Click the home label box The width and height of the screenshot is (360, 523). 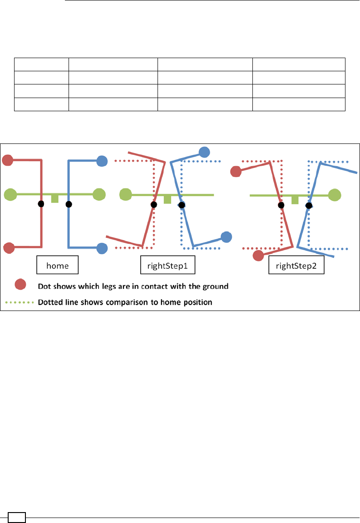tap(57, 266)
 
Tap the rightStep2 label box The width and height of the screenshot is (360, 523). tap(296, 266)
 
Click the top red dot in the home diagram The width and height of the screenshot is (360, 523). tap(8, 160)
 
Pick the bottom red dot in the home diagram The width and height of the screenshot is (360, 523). tap(9, 248)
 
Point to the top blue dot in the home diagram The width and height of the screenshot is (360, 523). tap(102, 160)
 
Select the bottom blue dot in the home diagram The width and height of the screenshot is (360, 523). tap(102, 248)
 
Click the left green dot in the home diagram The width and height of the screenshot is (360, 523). tap(10, 195)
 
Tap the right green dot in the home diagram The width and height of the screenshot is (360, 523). tap(99, 195)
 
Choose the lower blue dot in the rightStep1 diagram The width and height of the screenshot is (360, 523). tap(226, 236)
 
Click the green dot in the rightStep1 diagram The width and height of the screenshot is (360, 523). tap(125, 195)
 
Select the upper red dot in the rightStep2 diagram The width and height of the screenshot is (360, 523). tap(236, 172)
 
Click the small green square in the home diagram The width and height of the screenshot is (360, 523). tap(55, 199)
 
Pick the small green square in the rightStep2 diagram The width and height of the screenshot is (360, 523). tap(295, 200)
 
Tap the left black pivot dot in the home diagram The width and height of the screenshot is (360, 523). tap(41, 204)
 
